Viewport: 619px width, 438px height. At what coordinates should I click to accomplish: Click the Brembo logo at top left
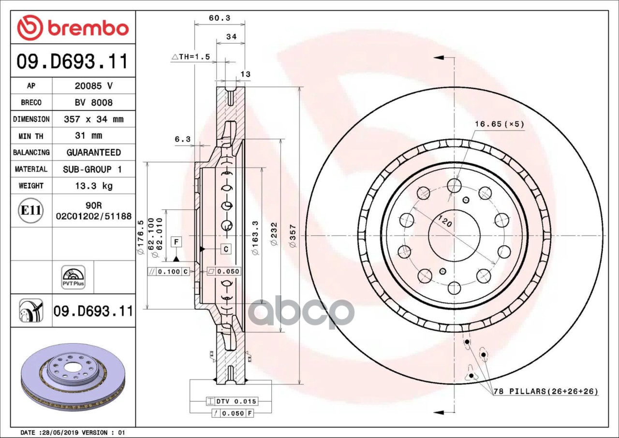73,28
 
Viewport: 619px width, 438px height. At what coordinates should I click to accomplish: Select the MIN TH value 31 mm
93,136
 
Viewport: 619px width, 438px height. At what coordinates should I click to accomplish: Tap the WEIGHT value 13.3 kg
93,186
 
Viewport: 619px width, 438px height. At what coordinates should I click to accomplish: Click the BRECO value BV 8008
93,102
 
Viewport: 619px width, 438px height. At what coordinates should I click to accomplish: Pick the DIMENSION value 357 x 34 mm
93,119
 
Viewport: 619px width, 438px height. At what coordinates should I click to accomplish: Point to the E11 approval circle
31,211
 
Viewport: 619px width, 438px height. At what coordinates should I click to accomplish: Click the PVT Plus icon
73,277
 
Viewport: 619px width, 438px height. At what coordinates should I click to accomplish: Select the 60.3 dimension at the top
219,18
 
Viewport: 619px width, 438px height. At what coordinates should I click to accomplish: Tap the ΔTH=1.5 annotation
191,57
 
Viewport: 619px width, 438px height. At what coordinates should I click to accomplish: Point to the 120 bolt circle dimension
445,223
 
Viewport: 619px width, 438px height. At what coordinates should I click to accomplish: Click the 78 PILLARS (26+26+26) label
545,391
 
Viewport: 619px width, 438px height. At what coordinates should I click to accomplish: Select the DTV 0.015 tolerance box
231,401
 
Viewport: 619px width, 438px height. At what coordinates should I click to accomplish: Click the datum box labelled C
226,249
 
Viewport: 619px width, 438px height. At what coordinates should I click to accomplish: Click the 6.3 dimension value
182,139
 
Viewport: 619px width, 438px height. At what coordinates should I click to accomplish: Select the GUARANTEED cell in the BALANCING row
93,152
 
